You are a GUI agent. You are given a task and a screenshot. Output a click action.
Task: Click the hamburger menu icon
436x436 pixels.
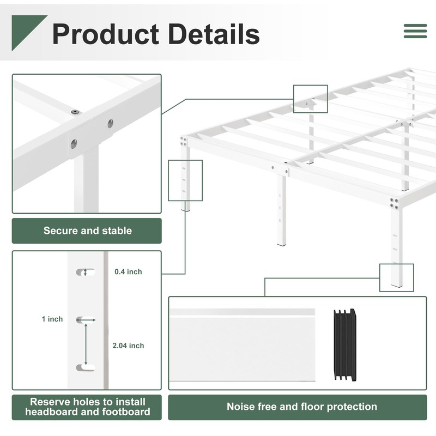415,31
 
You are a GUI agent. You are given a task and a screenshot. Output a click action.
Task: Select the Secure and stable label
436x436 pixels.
87,231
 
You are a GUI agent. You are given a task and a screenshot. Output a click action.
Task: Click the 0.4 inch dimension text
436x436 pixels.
128,271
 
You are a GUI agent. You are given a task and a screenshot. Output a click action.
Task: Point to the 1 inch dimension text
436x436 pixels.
52,319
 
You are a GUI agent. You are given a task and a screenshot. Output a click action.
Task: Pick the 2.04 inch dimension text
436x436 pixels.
128,346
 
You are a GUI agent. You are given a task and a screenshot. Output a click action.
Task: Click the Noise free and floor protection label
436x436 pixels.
301,407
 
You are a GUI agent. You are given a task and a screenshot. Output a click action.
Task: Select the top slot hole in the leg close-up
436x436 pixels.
85,271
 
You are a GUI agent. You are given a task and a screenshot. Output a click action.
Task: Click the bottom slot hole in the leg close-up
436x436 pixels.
85,367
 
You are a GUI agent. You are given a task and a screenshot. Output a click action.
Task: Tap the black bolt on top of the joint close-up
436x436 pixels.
75,112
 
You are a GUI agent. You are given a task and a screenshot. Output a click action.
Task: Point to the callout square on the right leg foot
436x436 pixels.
396,277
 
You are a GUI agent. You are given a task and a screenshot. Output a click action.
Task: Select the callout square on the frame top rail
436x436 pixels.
310,99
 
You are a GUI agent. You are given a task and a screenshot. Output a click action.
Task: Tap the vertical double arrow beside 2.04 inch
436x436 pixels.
86,342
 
